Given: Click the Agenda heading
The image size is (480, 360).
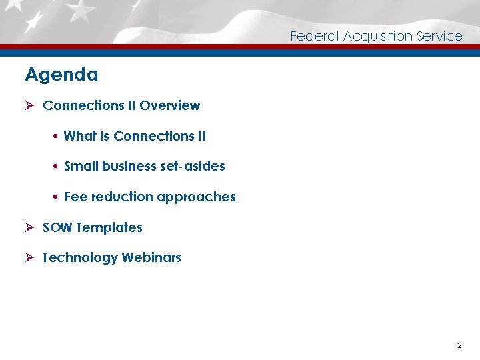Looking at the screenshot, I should [x=61, y=75].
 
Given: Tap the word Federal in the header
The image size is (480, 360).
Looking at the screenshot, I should [x=314, y=36].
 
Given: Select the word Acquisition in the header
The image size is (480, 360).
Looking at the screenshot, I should [x=377, y=37].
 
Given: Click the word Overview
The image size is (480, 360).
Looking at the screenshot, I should [x=170, y=105].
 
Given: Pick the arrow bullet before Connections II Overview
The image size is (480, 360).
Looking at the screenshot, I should [x=30, y=105].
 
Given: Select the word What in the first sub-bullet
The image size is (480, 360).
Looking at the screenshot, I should [x=80, y=136].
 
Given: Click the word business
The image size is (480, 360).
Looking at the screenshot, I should [x=129, y=166].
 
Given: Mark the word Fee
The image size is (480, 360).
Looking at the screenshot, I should [x=75, y=197].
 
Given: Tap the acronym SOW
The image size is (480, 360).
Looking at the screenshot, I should [x=57, y=227].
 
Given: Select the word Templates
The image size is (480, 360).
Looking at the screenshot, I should [x=109, y=228].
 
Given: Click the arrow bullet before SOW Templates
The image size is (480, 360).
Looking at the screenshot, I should [x=30, y=227].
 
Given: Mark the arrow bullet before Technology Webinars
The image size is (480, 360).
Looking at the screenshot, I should [x=30, y=257].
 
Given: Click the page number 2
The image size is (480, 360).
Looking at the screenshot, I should [x=459, y=345].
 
